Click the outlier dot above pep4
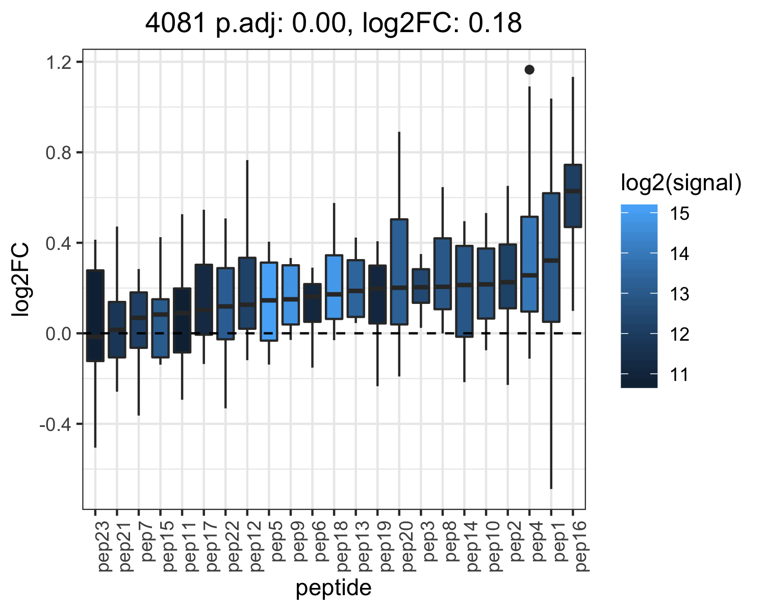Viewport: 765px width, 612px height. [529, 70]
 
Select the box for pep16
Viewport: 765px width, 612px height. [573, 195]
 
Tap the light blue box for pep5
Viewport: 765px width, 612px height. [269, 301]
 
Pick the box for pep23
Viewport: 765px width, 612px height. [95, 316]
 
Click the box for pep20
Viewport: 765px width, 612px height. [399, 272]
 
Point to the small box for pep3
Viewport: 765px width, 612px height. [421, 286]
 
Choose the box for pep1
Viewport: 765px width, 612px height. [551, 258]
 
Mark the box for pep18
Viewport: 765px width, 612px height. [334, 287]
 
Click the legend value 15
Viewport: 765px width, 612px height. [680, 214]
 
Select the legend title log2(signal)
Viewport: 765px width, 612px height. [681, 184]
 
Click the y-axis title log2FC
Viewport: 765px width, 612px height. [20, 279]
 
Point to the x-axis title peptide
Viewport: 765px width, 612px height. [334, 588]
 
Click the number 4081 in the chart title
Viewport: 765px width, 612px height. [175, 23]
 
